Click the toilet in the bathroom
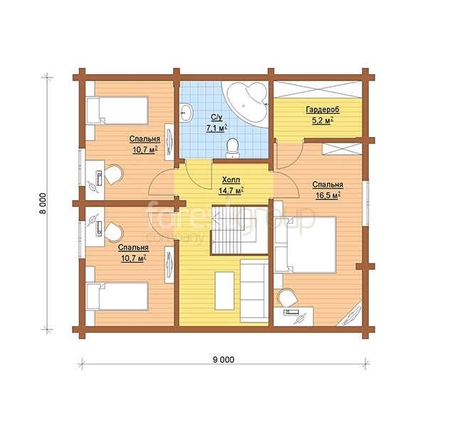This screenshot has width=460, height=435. tap(232, 148)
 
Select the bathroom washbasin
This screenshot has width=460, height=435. tap(186, 112)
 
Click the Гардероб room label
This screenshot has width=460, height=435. tap(323, 110)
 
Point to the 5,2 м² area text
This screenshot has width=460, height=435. tap(323, 120)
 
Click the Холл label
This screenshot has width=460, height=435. tap(231, 179)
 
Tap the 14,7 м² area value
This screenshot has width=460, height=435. tap(231, 191)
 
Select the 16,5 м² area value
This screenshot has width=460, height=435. tap(328, 195)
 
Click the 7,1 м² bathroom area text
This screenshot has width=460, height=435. tap(217, 128)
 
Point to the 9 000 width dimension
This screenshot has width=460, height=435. tap(224, 360)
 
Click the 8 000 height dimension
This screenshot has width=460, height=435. tap(43, 204)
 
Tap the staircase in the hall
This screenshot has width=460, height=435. tap(239, 230)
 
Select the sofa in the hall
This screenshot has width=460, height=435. tap(254, 290)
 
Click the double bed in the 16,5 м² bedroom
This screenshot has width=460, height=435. tap(305, 245)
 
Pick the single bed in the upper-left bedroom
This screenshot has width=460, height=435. tap(117, 111)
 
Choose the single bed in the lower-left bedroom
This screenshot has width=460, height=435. tap(117, 296)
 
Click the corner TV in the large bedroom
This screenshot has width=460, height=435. tap(350, 315)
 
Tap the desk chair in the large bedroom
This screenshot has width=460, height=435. tap(288, 298)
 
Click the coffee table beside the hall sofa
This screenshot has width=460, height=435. tap(224, 290)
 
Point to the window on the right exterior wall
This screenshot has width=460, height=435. tap(365, 204)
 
